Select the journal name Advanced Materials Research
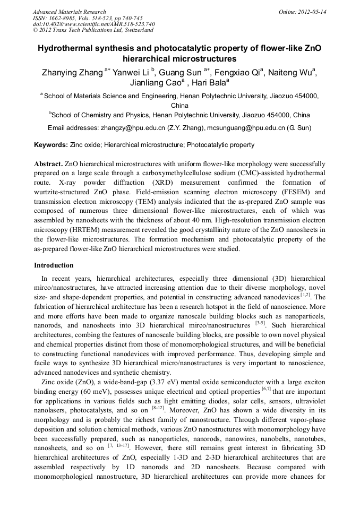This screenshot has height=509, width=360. click(x=69, y=12)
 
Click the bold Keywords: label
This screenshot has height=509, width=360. click(x=50, y=145)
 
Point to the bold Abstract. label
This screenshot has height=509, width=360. click(x=48, y=164)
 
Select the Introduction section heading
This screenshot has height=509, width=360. click(x=54, y=265)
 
